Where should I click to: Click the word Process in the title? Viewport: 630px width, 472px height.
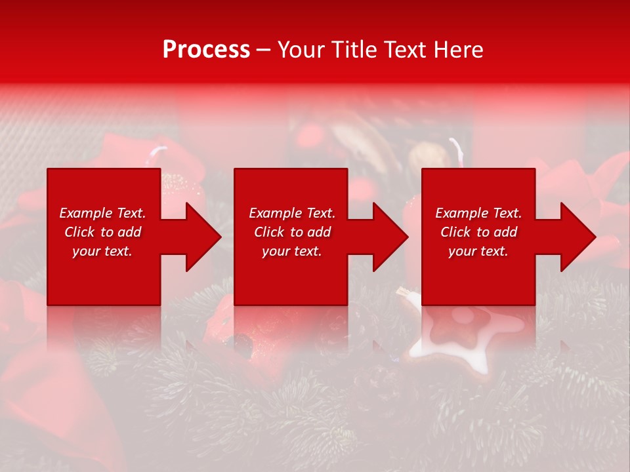(206, 50)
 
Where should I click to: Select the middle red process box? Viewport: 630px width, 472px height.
(291, 275)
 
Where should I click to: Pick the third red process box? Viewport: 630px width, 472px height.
(478, 275)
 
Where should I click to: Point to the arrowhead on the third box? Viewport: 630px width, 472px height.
(577, 237)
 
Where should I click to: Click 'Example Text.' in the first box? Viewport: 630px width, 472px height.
(102, 213)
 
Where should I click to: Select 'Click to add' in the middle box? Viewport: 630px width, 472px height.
(292, 232)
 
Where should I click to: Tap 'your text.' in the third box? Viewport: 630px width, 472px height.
(478, 251)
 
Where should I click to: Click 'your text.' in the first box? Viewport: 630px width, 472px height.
(102, 251)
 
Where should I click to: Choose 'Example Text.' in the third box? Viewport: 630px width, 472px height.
(478, 213)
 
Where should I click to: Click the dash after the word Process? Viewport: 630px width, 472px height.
(264, 50)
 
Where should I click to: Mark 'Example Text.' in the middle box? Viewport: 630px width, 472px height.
(292, 213)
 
